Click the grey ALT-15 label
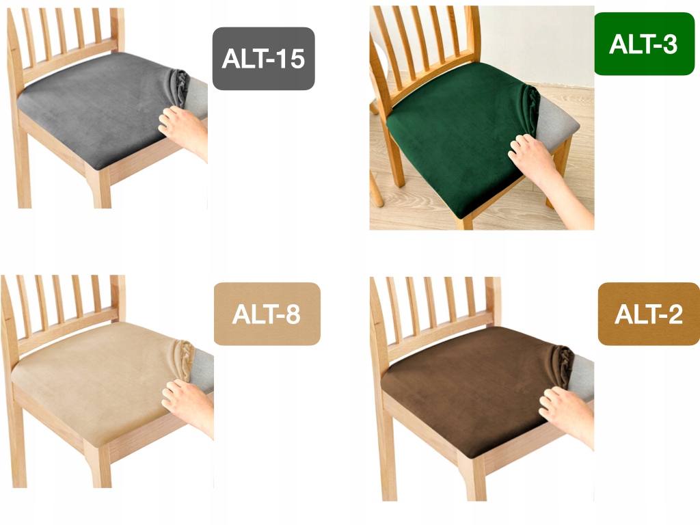click(x=263, y=59)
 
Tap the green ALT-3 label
click(x=643, y=44)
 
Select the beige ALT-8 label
click(x=267, y=314)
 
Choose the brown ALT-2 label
click(x=648, y=314)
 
